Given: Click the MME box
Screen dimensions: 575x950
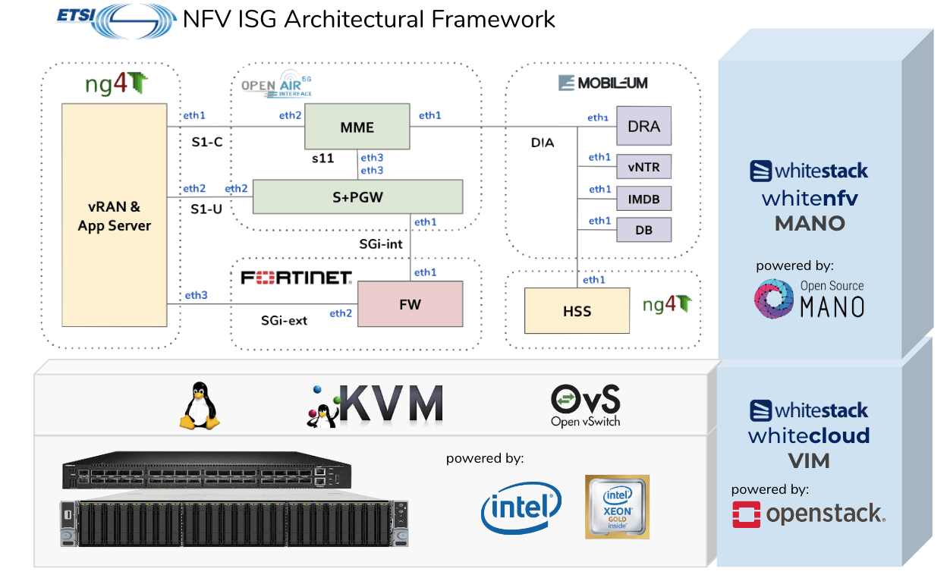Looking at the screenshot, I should tap(357, 127).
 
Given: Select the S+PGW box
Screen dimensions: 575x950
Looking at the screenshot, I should tap(357, 196).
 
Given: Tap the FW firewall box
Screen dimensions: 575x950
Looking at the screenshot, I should tap(410, 304).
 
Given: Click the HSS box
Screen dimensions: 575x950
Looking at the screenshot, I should tap(577, 310).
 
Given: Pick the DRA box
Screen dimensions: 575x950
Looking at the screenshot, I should tap(643, 126).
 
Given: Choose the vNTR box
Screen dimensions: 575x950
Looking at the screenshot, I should tap(643, 166).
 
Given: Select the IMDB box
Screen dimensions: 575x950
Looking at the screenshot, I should tap(643, 199).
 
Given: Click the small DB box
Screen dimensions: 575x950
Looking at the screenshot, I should tap(643, 230).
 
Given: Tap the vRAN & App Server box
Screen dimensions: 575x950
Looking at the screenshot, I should tap(114, 215).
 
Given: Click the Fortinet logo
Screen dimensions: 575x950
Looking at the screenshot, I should tap(296, 278).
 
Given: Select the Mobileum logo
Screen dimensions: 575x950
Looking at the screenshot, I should tap(603, 83).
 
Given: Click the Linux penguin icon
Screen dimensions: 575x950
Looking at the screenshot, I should tap(199, 406).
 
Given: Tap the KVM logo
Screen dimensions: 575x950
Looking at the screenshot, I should tap(376, 404).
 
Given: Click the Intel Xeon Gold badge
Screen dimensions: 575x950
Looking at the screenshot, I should tap(617, 507).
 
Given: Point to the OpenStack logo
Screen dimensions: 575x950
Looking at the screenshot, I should tap(808, 514).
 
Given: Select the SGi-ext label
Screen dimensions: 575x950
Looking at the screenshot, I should tap(284, 320).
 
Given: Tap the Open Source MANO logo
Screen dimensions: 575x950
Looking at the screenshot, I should tap(809, 298).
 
